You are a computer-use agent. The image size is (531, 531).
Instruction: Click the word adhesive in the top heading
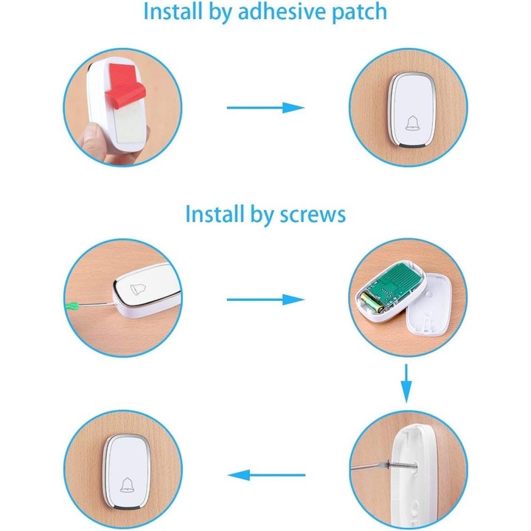pos(282,12)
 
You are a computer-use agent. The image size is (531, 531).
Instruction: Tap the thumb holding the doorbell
pos(91,139)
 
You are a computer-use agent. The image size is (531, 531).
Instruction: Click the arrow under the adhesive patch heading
pos(265,108)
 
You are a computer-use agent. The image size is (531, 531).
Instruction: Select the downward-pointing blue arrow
pos(406,383)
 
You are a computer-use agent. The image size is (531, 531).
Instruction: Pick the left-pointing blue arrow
pos(266,475)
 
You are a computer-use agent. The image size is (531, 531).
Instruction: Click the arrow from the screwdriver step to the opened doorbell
pos(265,299)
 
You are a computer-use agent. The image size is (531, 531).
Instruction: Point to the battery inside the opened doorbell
pos(372,303)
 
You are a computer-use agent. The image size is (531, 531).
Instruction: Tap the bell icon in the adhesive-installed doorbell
pos(412,123)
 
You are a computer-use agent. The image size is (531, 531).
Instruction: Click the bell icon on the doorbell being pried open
pos(138,289)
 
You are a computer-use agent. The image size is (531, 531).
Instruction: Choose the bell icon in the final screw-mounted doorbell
pos(127,485)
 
